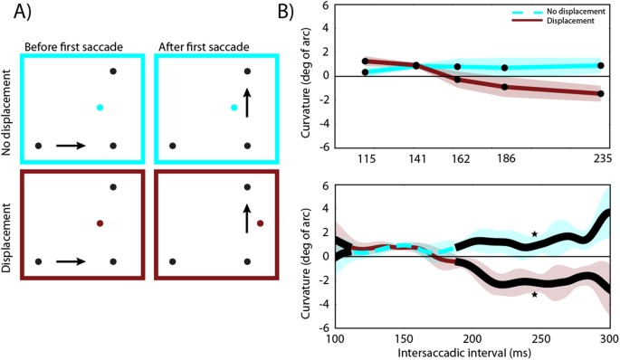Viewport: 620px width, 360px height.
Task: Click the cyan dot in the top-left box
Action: (100, 108)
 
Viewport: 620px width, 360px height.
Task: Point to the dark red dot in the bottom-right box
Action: (260, 223)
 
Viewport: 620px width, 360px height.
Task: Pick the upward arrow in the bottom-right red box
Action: (246, 217)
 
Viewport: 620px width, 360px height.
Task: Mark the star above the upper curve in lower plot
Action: (534, 234)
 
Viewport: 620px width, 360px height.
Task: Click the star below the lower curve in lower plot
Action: (534, 295)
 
